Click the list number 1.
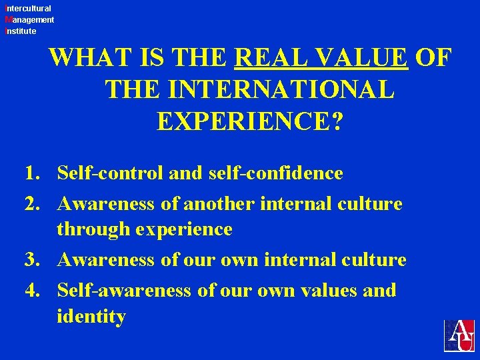pyautogui.click(x=32, y=174)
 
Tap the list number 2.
pyautogui.click(x=32, y=204)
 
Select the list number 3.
pyautogui.click(x=32, y=260)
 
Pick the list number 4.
pyautogui.click(x=32, y=291)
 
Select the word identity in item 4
pyautogui.click(x=91, y=317)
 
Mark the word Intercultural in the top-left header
pyautogui.click(x=27, y=9)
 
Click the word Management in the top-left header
pyautogui.click(x=29, y=20)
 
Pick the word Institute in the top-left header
pyautogui.click(x=20, y=31)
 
